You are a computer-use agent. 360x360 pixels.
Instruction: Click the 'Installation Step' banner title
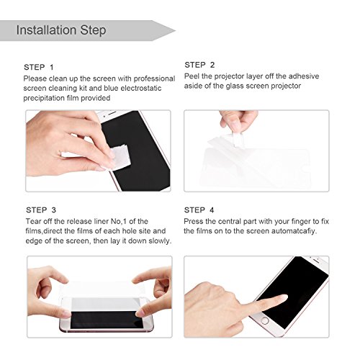61,30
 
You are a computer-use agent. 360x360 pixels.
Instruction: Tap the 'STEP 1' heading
39,67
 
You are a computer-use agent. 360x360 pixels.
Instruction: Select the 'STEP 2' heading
199,65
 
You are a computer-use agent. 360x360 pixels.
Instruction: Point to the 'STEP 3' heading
41,210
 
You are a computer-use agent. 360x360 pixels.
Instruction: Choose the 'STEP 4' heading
199,210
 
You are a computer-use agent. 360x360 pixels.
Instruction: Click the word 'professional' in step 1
154,79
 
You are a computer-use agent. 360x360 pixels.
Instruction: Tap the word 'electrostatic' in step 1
141,88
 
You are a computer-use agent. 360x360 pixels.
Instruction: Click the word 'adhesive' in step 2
304,76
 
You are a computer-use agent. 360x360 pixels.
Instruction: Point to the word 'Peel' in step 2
192,76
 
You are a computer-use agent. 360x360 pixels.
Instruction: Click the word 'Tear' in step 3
33,221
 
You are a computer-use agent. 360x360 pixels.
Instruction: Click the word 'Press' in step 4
193,221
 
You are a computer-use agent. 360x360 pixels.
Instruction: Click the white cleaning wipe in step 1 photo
118,158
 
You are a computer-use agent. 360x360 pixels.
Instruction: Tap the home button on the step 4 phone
265,320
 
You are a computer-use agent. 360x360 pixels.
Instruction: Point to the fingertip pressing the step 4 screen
283,297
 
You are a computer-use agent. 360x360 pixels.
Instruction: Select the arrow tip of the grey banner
176,31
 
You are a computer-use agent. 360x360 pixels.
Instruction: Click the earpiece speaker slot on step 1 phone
112,112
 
